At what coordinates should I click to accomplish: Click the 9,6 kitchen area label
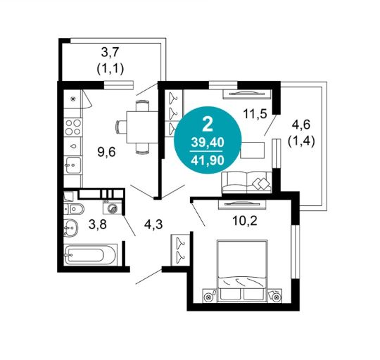click(x=107, y=153)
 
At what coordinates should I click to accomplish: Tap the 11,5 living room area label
click(x=255, y=113)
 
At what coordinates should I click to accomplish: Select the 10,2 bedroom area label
click(x=244, y=221)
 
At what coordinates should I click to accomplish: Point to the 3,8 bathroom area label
click(x=98, y=225)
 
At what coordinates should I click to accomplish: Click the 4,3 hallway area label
click(x=153, y=225)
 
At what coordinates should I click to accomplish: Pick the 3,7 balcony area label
click(x=110, y=53)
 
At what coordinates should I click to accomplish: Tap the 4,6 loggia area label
click(x=301, y=125)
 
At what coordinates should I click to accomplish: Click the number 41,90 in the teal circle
click(x=208, y=160)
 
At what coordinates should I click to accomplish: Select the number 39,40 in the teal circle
click(x=208, y=142)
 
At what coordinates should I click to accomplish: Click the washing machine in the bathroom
click(x=112, y=207)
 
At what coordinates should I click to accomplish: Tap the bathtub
click(x=91, y=255)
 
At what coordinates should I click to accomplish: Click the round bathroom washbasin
click(x=71, y=228)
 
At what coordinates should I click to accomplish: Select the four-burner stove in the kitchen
click(x=73, y=127)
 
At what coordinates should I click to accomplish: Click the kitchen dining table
click(x=142, y=127)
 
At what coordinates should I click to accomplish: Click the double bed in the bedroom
click(x=242, y=271)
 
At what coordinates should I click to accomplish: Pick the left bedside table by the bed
click(x=210, y=295)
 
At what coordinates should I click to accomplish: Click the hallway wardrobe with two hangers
click(x=180, y=250)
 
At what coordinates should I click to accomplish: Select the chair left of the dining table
click(x=121, y=127)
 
